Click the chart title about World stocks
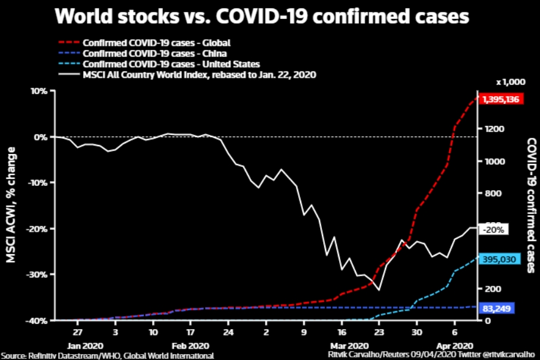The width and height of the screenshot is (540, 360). [x=262, y=17]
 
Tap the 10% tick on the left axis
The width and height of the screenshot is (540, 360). [x=40, y=91]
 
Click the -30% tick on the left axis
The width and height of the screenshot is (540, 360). [x=38, y=274]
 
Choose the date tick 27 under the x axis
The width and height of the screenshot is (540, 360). [x=78, y=333]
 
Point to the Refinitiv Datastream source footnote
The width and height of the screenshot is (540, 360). [x=107, y=355]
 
